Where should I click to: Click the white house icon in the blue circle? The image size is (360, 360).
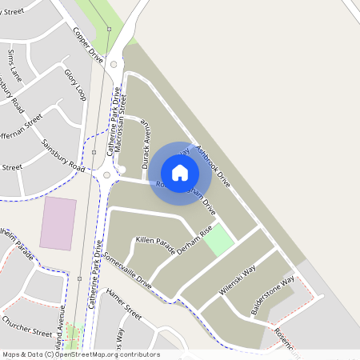[180, 172]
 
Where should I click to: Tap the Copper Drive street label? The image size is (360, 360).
[88, 46]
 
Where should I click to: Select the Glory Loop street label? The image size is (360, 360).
[75, 84]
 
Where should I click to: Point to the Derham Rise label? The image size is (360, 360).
[194, 241]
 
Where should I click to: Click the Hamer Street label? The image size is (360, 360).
[123, 303]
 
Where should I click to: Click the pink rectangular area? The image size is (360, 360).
[58, 222]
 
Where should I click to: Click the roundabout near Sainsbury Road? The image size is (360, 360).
[106, 175]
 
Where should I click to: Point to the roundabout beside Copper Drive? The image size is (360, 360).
[114, 63]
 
